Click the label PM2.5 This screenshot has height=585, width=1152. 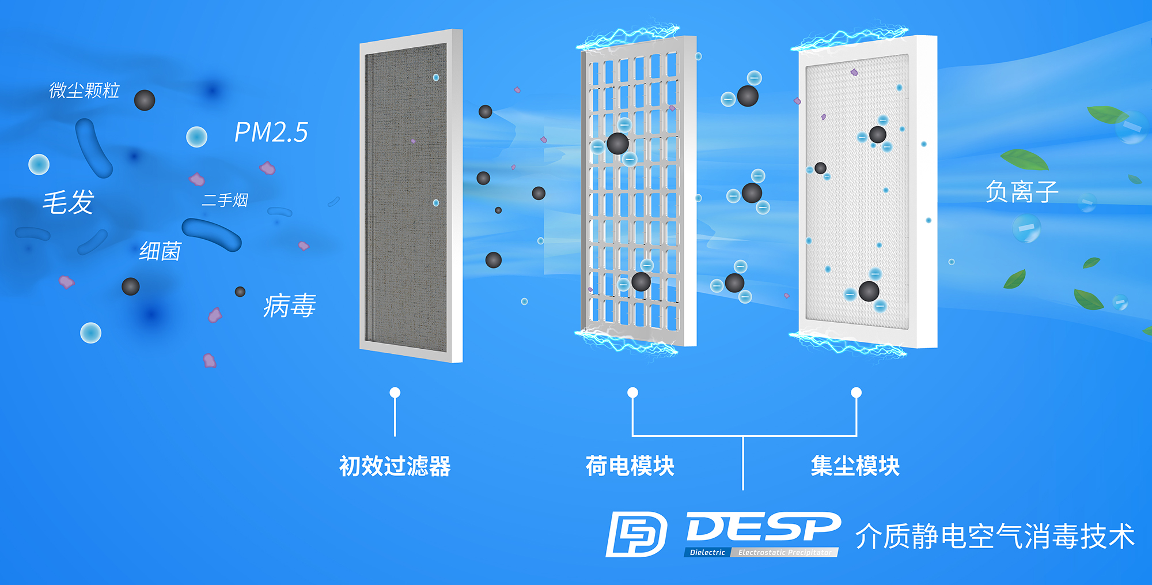coord(271,133)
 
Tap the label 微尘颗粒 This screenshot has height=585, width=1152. coord(84,90)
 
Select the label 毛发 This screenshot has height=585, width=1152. coord(68,202)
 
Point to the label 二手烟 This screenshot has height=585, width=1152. coord(225,200)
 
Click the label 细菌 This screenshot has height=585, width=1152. coord(160,251)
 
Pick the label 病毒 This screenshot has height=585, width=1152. coord(289,305)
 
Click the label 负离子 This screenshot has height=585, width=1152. coord(1021,191)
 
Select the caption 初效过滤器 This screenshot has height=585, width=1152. coord(395,466)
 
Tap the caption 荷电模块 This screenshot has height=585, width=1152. coord(630,466)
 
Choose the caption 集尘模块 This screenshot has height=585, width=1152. coord(855,466)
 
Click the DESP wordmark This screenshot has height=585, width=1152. coord(763,527)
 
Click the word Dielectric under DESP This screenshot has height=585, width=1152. coord(707,552)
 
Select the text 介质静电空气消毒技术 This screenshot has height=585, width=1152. coord(995,536)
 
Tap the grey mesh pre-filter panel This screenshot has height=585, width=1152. coord(407,196)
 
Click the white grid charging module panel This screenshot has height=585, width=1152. coord(636,190)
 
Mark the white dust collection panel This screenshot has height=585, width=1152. coord(858,190)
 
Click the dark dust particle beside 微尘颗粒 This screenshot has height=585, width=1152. coord(145,100)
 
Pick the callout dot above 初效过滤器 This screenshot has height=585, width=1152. coord(395,392)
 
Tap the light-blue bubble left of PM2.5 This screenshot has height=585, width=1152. coord(196,137)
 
